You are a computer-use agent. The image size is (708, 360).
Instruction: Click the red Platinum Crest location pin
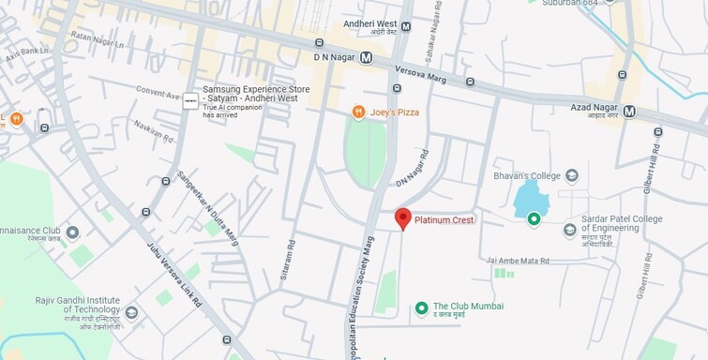pyautogui.click(x=402, y=217)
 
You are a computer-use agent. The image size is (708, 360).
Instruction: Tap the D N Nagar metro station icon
pyautogui.click(x=366, y=57)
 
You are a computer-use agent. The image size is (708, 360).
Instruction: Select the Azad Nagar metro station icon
pyautogui.click(x=629, y=111)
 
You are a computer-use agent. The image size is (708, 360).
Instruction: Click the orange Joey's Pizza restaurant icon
pyautogui.click(x=358, y=112)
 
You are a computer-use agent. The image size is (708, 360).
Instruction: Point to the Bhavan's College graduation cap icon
pyautogui.click(x=572, y=175)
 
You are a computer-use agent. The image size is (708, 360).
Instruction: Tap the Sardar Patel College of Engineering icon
pyautogui.click(x=569, y=230)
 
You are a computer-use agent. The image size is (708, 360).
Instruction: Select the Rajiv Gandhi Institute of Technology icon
pyautogui.click(x=131, y=311)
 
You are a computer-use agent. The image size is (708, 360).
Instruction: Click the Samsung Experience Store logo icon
pyautogui.click(x=190, y=100)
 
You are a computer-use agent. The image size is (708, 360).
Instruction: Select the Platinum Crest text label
pyautogui.click(x=444, y=219)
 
